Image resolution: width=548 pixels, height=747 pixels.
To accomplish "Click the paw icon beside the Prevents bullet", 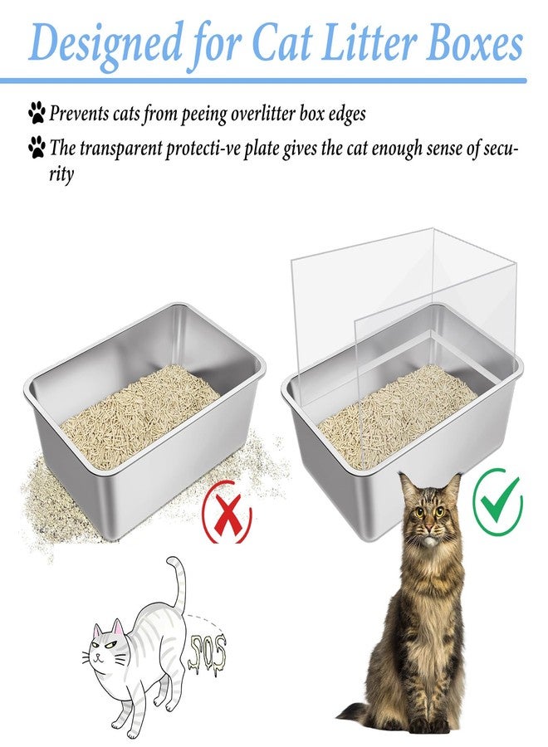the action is [x=37, y=112].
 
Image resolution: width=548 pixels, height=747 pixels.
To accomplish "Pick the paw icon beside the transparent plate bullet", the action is [x=37, y=147].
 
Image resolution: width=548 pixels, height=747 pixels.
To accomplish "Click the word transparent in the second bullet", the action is [x=121, y=149].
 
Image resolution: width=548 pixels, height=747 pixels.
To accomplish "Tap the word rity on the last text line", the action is [x=61, y=175].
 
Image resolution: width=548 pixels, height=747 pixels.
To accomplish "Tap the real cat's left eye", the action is [x=418, y=513].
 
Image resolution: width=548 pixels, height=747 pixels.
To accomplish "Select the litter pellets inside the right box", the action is [x=396, y=413].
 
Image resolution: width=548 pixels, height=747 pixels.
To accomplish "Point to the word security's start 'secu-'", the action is [x=496, y=149].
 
